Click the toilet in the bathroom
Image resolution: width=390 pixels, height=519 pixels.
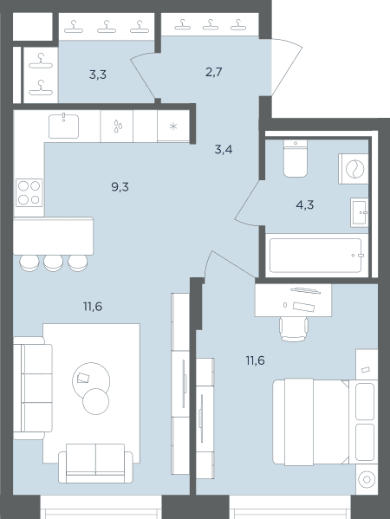click(296, 159)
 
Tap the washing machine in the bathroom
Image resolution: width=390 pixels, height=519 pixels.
click(354, 169)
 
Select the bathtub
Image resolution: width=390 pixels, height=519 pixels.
click(315, 256)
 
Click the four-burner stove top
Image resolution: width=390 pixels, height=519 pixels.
click(29, 192)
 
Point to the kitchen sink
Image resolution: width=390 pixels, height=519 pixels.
click(63, 126)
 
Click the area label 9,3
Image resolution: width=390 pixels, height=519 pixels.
click(120, 187)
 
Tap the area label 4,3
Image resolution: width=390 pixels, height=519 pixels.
click(304, 205)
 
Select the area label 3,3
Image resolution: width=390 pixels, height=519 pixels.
click(98, 75)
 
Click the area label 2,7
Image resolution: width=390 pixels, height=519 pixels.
click(213, 72)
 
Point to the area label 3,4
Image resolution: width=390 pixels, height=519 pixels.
click(224, 150)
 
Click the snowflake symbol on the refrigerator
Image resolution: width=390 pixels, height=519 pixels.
click(173, 127)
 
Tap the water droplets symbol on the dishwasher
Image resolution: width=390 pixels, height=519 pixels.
click(118, 127)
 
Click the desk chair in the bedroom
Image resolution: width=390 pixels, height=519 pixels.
click(294, 328)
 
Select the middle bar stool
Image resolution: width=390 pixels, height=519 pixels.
click(54, 263)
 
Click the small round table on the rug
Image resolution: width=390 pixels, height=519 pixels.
click(95, 401)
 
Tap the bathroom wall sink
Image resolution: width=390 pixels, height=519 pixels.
click(359, 212)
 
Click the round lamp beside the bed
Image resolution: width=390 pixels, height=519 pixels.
click(367, 479)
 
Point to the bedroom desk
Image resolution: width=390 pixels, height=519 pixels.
click(293, 300)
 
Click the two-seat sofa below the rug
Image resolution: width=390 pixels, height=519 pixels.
click(95, 463)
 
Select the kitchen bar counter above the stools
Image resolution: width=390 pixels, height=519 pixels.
click(54, 236)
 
